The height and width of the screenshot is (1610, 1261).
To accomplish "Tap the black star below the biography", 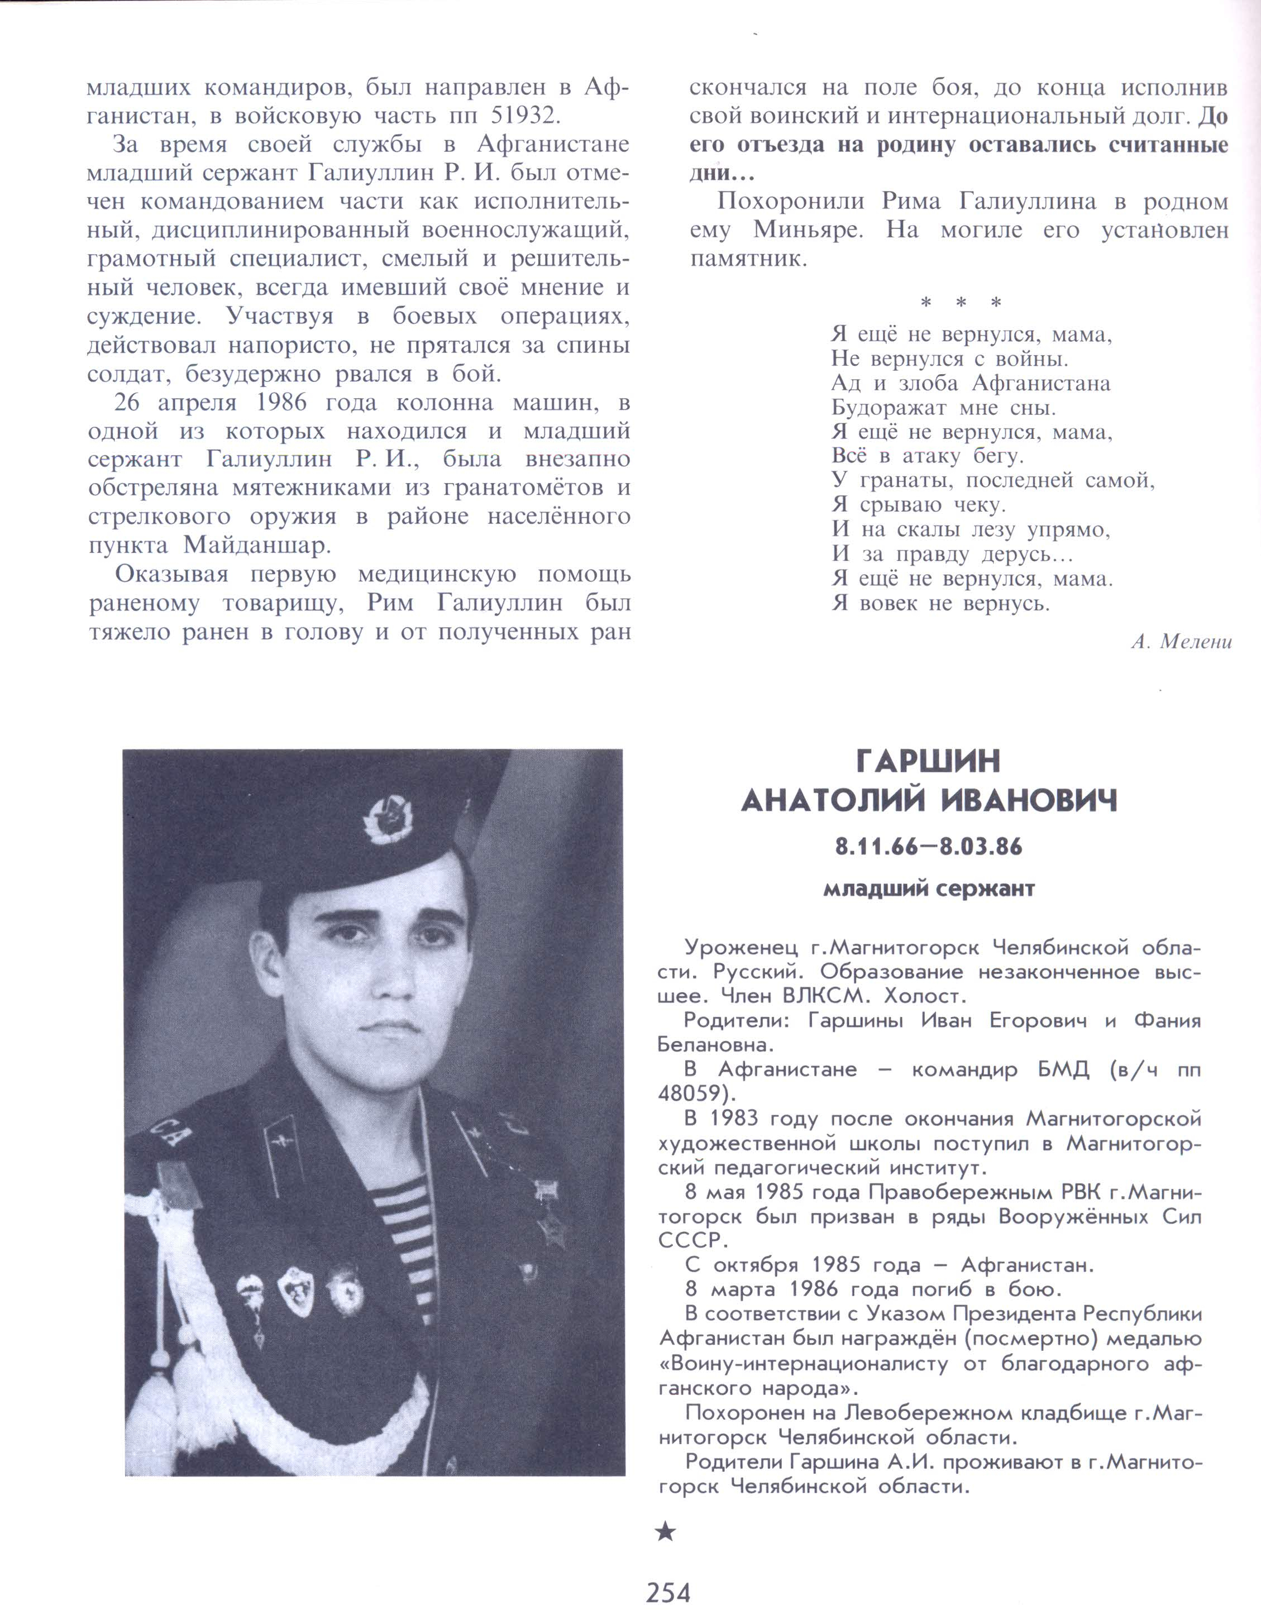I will pos(665,1532).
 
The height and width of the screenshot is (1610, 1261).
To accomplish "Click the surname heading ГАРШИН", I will pos(928,761).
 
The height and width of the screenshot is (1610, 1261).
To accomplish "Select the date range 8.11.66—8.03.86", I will pos(928,847).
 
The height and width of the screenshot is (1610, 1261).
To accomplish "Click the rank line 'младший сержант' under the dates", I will pos(928,889).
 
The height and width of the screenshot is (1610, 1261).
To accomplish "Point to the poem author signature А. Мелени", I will pos(1181,642).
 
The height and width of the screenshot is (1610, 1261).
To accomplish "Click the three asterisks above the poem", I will pos(961,303).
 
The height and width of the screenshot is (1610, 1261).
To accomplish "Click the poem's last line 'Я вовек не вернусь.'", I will pos(940,603).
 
